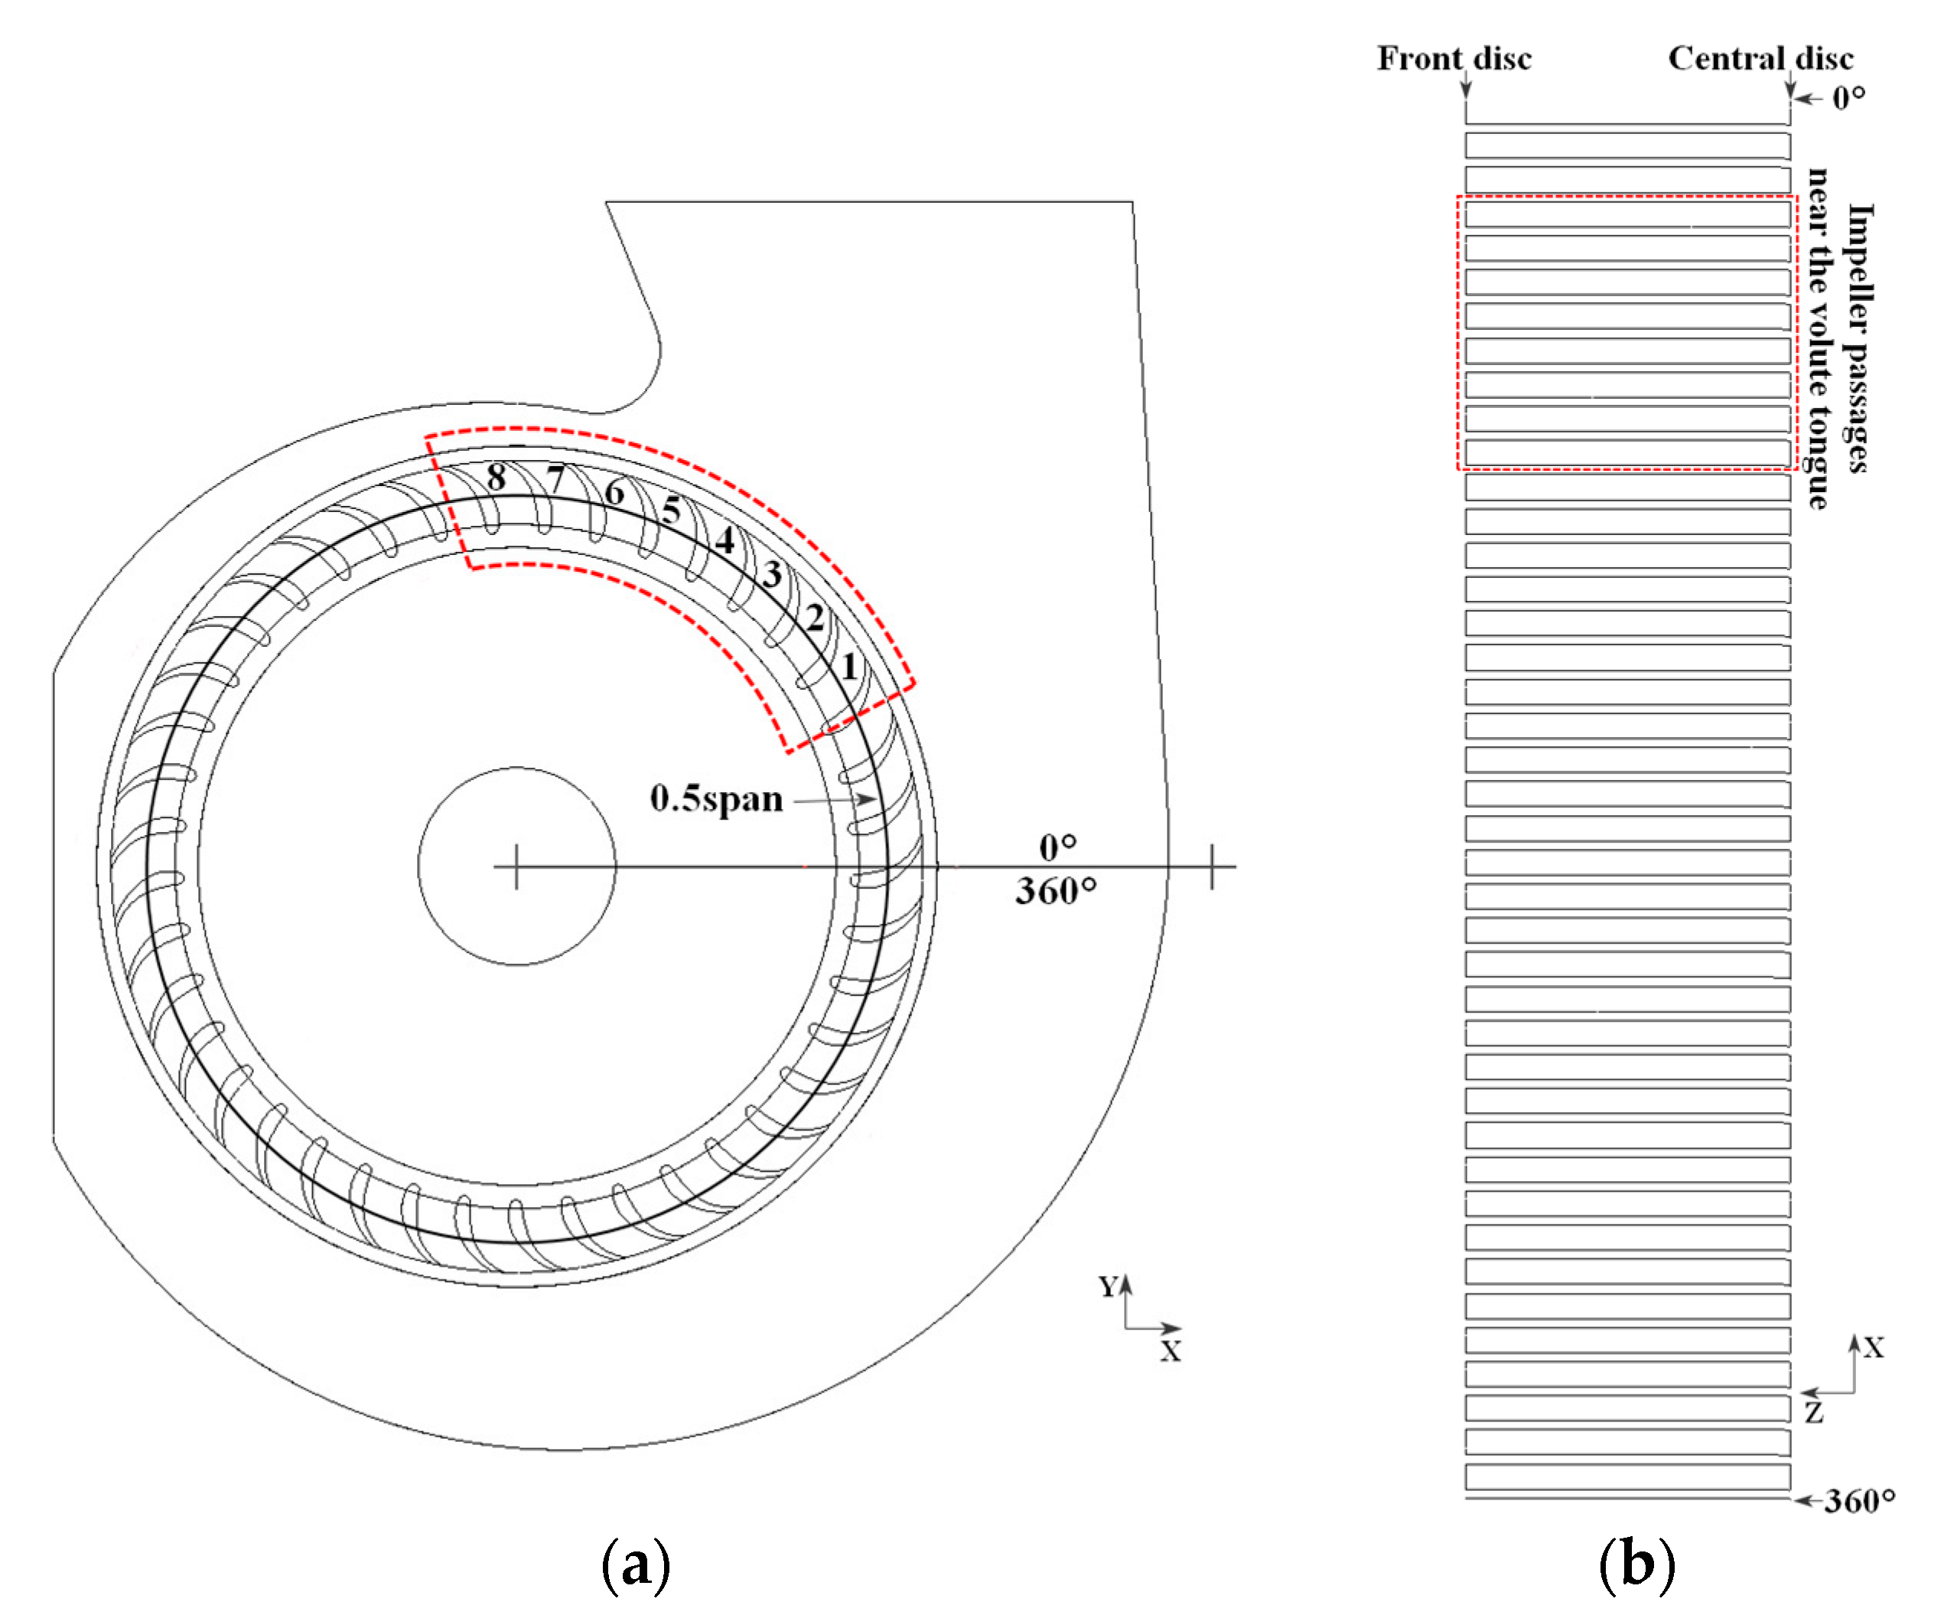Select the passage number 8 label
[x=497, y=478]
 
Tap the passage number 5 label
[x=671, y=509]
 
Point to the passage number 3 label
[x=772, y=575]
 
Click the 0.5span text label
[x=715, y=798]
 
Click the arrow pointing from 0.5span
[x=833, y=799]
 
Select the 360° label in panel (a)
[x=1055, y=891]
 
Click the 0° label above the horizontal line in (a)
[x=1057, y=847]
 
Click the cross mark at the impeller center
[x=516, y=866]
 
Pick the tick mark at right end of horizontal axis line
[x=1212, y=866]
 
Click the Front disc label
[x=1454, y=58]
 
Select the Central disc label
[x=1760, y=58]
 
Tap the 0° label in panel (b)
[x=1848, y=97]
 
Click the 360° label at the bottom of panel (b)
[x=1859, y=1500]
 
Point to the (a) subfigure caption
[x=635, y=1565]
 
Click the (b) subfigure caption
[x=1636, y=1565]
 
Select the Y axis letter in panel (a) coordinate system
[x=1108, y=1286]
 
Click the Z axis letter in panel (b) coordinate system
[x=1813, y=1413]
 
